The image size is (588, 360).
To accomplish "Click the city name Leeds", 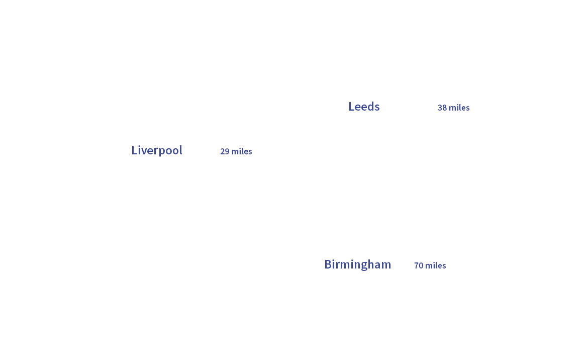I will coord(364,107).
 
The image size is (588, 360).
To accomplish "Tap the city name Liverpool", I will coord(157,150).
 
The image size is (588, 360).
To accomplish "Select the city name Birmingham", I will coord(357,264).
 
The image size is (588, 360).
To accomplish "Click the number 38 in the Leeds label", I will coord(442,108).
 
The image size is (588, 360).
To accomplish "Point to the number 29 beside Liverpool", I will coord(225,151).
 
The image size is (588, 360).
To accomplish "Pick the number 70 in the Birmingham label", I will coord(419,265).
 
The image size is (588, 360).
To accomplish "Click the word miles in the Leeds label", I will coord(459,108).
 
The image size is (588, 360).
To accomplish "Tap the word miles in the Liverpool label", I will coord(242,151).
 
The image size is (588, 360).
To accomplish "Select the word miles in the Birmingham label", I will coord(436,265).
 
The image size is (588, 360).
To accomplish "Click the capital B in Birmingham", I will coord(328,264).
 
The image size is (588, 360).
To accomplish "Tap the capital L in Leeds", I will coord(351,107).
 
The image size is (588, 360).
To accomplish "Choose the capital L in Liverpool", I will coord(134,150).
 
